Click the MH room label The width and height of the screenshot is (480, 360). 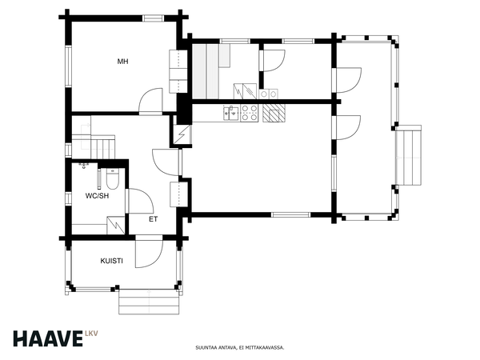tap(122, 62)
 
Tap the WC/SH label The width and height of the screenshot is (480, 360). tap(97, 196)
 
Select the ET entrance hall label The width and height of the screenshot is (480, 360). tap(154, 219)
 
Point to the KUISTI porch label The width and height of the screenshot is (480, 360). tap(112, 261)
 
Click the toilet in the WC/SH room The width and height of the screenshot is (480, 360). tap(112, 179)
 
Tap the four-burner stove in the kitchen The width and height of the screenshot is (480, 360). tap(249, 113)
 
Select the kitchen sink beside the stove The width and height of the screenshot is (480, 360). tap(231, 112)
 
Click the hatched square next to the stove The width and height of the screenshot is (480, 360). tap(274, 113)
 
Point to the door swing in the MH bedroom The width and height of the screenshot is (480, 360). tap(150, 101)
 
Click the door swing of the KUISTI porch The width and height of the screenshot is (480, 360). tap(149, 254)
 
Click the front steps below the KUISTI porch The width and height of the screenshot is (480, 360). tap(149, 302)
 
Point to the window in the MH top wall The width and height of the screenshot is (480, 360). tap(154, 18)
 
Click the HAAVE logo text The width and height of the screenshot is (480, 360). tap(48, 338)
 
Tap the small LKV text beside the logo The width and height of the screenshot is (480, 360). tap(91, 334)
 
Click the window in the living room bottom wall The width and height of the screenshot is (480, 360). tap(291, 215)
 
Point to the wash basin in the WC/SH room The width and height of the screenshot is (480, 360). tap(84, 166)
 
